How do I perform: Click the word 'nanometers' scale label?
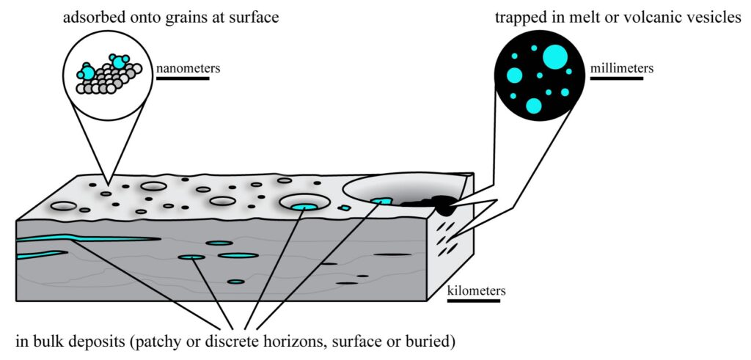click(x=188, y=69)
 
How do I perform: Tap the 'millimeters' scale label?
click(x=622, y=68)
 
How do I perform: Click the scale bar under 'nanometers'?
click(x=182, y=78)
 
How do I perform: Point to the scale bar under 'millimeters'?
click(x=616, y=78)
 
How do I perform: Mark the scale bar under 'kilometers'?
click(x=474, y=301)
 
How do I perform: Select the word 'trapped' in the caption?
click(x=519, y=16)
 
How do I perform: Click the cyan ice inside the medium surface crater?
click(x=304, y=207)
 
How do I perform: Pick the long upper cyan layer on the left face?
click(x=88, y=239)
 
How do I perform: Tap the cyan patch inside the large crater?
click(x=381, y=200)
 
